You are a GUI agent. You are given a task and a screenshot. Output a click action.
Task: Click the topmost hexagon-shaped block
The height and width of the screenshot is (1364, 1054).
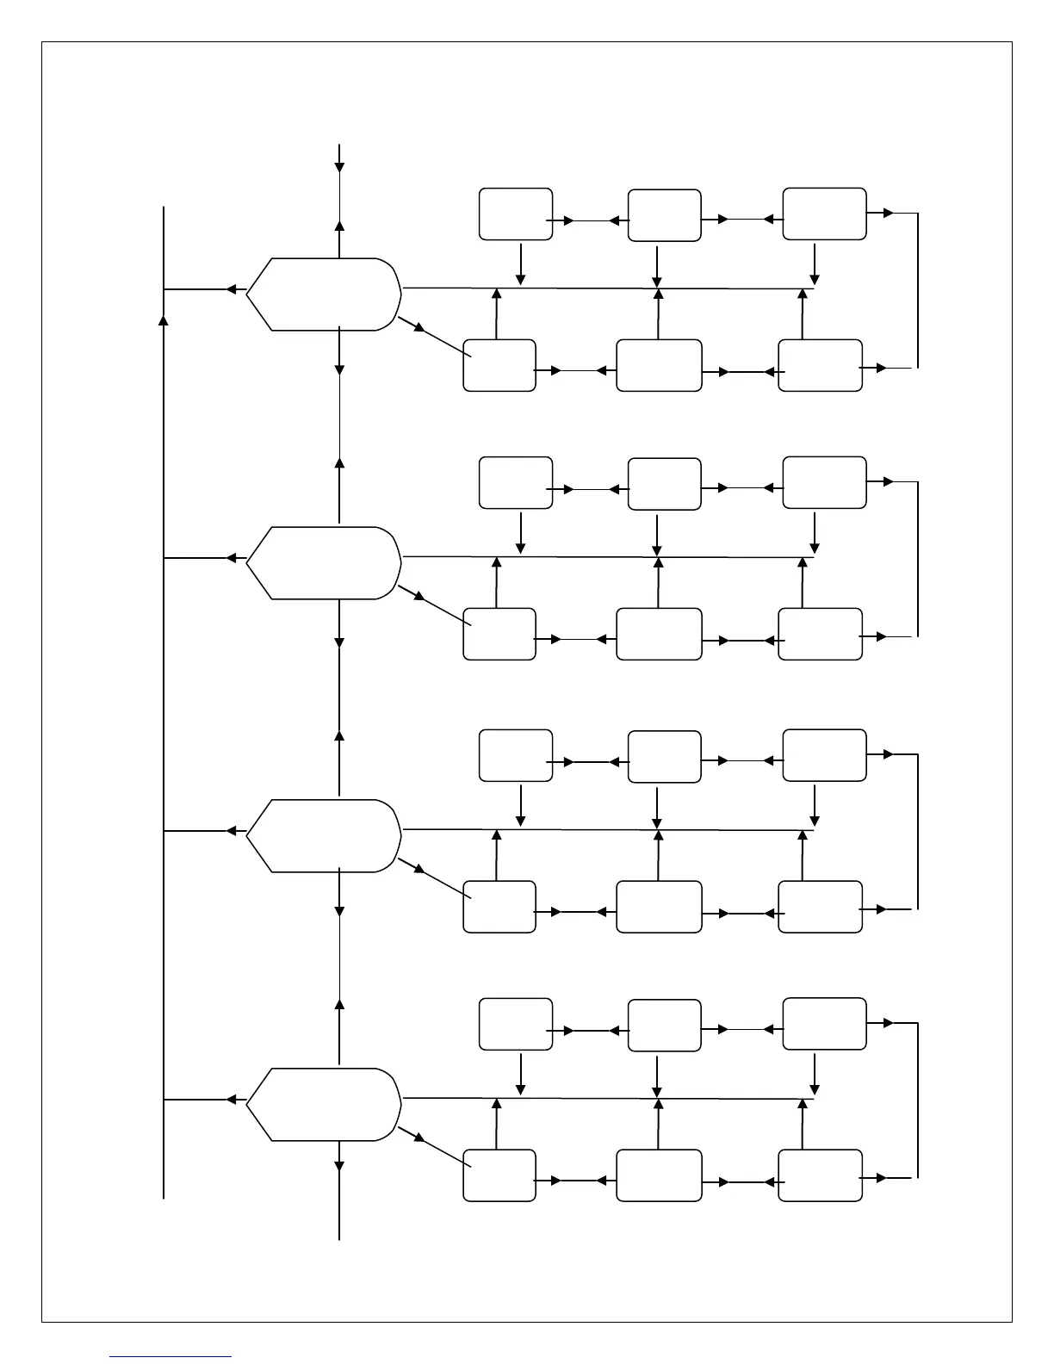click(x=324, y=294)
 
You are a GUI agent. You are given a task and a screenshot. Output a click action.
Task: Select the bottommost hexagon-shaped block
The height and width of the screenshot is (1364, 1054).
click(x=324, y=1105)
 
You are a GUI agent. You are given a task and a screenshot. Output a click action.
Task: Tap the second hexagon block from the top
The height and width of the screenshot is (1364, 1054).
click(x=324, y=562)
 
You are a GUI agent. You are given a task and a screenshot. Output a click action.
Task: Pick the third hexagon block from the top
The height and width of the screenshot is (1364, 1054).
click(x=324, y=835)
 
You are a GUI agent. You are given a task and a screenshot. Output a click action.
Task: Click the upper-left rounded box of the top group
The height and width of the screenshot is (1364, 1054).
click(x=516, y=214)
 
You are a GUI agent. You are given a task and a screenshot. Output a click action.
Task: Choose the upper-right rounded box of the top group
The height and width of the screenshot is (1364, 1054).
click(x=824, y=214)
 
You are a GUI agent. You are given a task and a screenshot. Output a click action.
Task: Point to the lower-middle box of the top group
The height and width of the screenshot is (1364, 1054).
click(x=659, y=365)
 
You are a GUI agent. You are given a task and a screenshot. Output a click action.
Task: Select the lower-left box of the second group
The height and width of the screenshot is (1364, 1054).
click(x=499, y=634)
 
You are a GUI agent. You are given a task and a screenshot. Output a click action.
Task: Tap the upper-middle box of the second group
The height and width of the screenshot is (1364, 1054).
click(x=664, y=484)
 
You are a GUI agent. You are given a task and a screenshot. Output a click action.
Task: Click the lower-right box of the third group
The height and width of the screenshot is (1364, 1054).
click(x=820, y=907)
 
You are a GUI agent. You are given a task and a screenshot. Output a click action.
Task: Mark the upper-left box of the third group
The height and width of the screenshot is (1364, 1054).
click(x=516, y=755)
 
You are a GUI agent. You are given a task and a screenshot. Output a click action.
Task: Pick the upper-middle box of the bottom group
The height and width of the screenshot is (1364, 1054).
click(x=664, y=1025)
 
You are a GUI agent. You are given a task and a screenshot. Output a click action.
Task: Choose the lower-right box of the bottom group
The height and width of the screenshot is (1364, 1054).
click(x=820, y=1175)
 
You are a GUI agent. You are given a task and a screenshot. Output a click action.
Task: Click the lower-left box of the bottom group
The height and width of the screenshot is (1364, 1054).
click(x=499, y=1175)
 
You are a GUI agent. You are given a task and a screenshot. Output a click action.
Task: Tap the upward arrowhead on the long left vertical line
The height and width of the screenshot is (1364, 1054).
click(x=164, y=320)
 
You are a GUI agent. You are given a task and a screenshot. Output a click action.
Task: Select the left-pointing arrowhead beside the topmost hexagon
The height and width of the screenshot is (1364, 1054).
click(x=231, y=289)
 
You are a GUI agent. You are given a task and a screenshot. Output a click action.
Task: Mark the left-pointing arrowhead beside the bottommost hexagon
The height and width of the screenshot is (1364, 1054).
click(x=231, y=1100)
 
